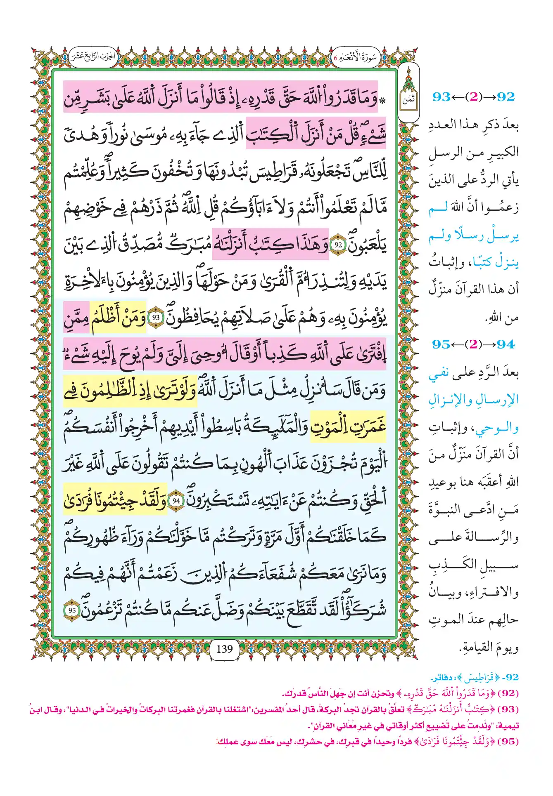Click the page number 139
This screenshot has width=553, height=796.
coord(224,649)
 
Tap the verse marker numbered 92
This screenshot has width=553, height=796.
coord(338,245)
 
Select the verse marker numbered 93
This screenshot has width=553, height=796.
coord(156,318)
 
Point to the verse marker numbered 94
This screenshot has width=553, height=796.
coord(176,501)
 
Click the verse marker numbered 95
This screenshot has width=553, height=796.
coord(72,610)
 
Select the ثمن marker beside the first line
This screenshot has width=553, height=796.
coord(408,100)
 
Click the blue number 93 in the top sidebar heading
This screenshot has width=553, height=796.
coord(441,97)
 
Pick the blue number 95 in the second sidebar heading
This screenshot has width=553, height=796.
coord(441,344)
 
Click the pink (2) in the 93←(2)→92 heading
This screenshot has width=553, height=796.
coord(473,97)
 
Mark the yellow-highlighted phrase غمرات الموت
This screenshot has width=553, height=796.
coord(348,427)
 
